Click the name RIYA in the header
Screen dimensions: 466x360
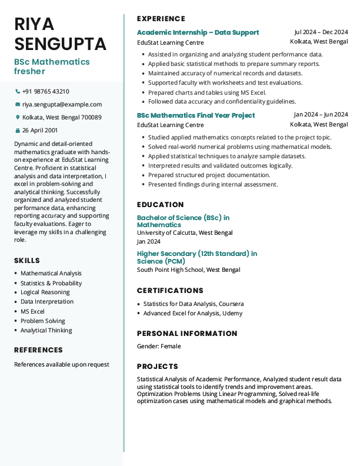click(x=34, y=24)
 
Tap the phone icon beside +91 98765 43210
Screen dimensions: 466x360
click(x=17, y=92)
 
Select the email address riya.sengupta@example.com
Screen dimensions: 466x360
click(x=62, y=105)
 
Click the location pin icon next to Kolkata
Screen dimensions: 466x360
click(x=17, y=118)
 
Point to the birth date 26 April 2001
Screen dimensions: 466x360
click(x=40, y=130)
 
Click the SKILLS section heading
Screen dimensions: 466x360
click(x=27, y=261)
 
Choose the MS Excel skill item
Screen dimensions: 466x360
click(x=32, y=311)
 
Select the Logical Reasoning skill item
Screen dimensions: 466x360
click(x=45, y=292)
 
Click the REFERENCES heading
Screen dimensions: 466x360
click(x=38, y=350)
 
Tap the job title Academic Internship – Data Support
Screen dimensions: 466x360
click(x=198, y=32)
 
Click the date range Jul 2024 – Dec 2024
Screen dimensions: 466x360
click(x=321, y=32)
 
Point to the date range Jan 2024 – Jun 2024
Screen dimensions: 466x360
click(x=321, y=115)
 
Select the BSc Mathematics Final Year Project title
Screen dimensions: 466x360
click(x=196, y=115)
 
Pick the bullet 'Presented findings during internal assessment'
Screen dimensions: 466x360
click(x=212, y=185)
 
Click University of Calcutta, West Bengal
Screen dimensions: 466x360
click(x=185, y=233)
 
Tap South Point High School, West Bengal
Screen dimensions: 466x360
click(x=188, y=270)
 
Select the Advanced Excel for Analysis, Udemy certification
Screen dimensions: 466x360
click(x=192, y=314)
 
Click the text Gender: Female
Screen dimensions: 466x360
click(x=159, y=346)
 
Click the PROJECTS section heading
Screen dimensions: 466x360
click(x=157, y=367)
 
